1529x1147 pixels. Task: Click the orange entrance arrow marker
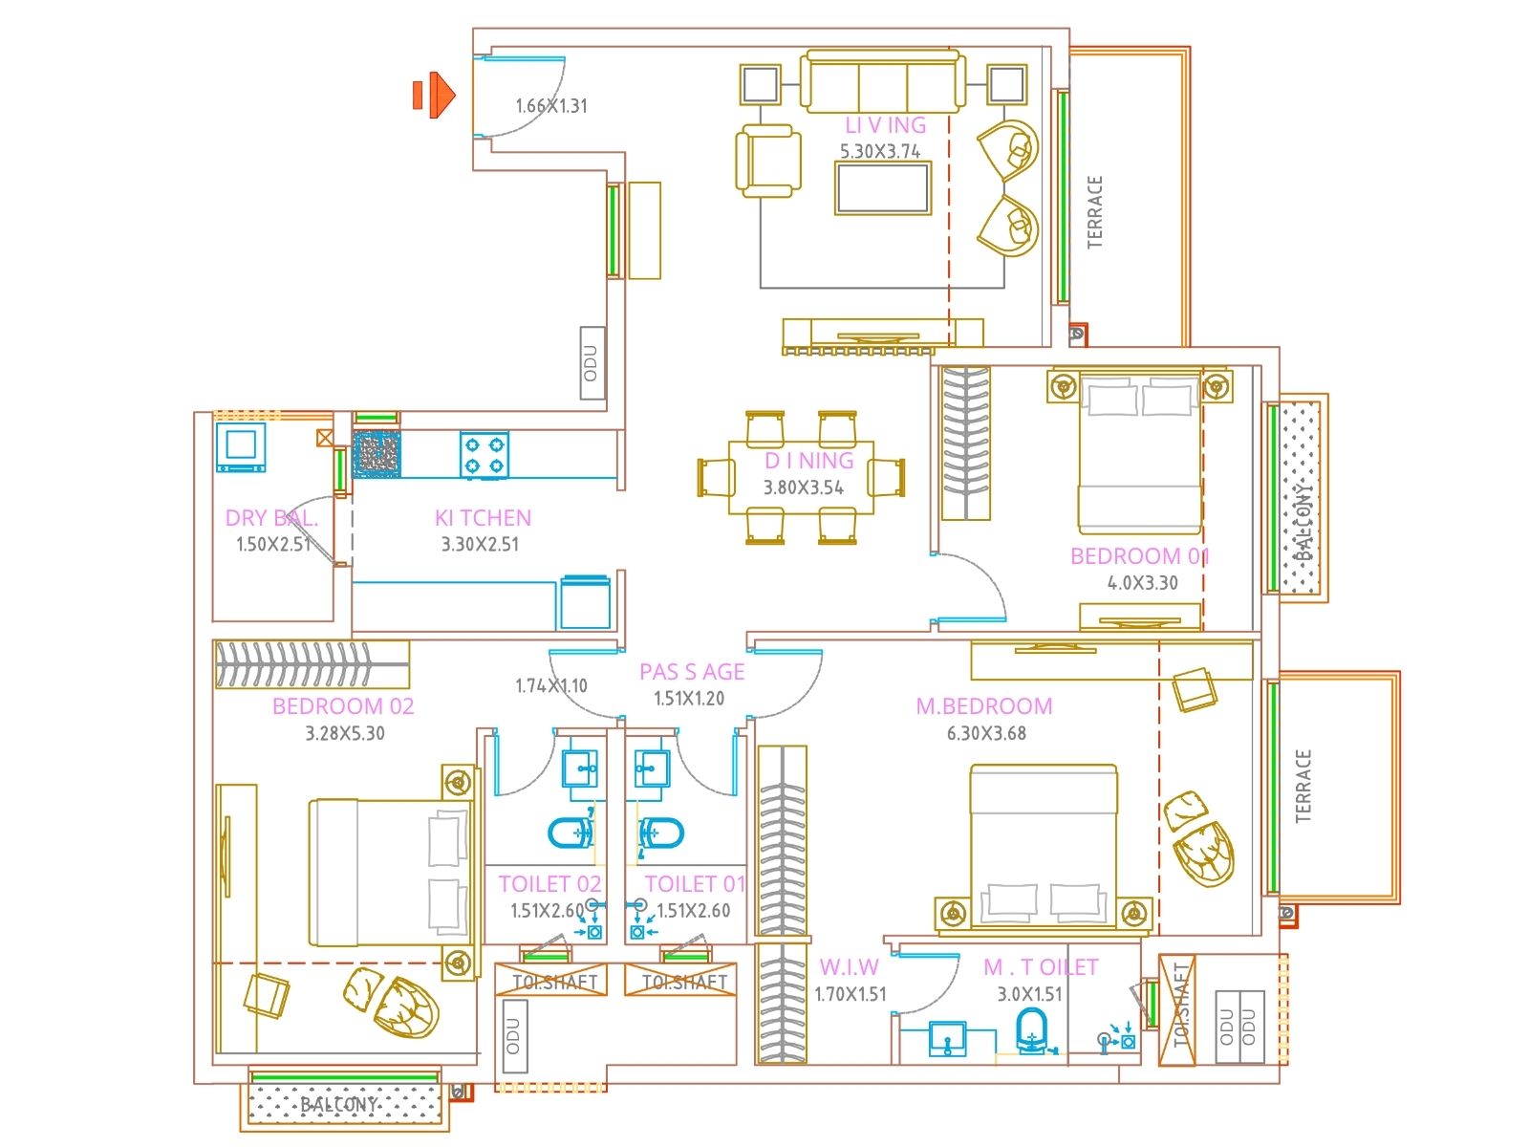click(435, 95)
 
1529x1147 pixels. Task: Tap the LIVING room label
click(885, 125)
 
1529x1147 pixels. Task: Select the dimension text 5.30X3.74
click(880, 151)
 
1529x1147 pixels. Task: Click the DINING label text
click(808, 461)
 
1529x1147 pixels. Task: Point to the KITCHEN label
click(483, 518)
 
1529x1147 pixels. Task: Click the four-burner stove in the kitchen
click(484, 455)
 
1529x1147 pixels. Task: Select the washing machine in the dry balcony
click(240, 447)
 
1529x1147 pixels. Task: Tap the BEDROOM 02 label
click(343, 706)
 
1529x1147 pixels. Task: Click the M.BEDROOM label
click(984, 706)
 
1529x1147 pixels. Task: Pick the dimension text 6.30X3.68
click(986, 733)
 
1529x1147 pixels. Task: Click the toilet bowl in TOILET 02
click(571, 833)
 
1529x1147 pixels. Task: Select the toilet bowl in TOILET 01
click(661, 833)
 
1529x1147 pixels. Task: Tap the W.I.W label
click(849, 967)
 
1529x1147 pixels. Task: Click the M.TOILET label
click(1041, 967)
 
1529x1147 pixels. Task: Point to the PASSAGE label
click(692, 672)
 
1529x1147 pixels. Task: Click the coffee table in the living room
click(882, 188)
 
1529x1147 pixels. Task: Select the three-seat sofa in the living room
click(882, 84)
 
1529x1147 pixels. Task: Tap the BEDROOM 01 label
click(1139, 556)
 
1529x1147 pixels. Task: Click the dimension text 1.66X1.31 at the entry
click(551, 106)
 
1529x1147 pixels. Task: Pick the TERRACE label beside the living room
click(1095, 212)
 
